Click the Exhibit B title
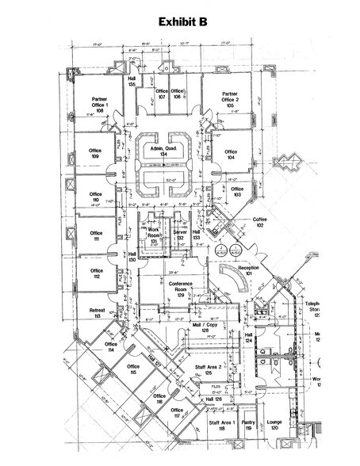[x=181, y=22]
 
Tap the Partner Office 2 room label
[x=230, y=99]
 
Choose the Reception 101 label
[x=249, y=273]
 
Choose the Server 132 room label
[x=181, y=235]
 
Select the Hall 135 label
[x=131, y=82]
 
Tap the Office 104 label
[x=231, y=155]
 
